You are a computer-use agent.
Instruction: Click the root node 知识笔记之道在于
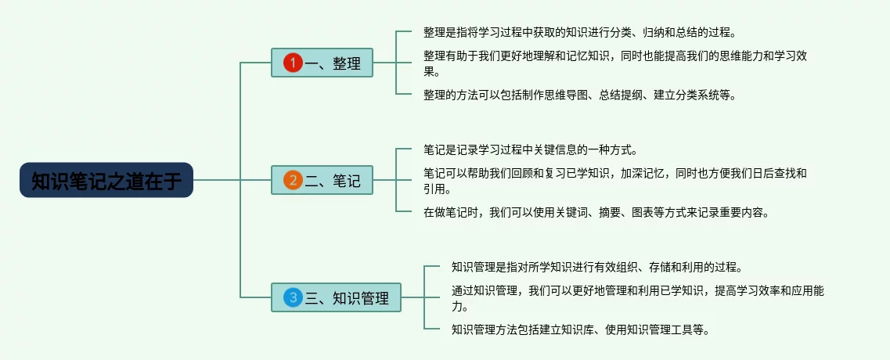pyautogui.click(x=106, y=181)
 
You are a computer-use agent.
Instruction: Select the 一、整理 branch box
pyautogui.click(x=322, y=63)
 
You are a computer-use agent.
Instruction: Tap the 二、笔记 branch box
pyautogui.click(x=322, y=181)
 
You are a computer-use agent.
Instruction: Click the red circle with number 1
pyautogui.click(x=293, y=63)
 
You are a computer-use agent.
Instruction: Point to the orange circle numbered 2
pyautogui.click(x=293, y=181)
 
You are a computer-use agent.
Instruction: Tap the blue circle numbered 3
pyautogui.click(x=293, y=297)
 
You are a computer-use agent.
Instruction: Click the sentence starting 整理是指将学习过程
pyautogui.click(x=580, y=32)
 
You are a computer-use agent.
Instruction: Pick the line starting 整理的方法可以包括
pyautogui.click(x=580, y=94)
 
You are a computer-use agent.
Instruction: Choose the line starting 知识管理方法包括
pyautogui.click(x=580, y=329)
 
